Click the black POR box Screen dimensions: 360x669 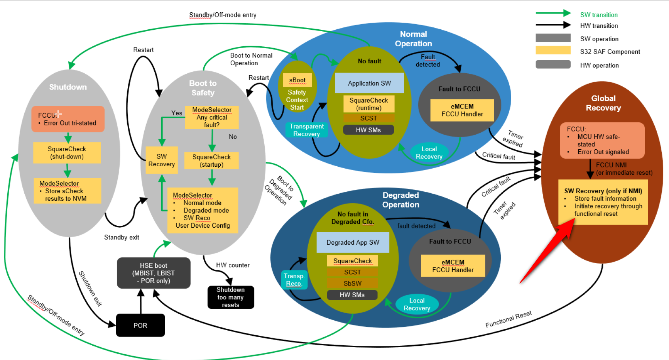click(x=140, y=325)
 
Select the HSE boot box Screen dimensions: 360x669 click(x=154, y=273)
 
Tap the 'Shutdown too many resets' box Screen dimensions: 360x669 click(x=231, y=297)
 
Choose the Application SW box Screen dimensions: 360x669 click(x=369, y=83)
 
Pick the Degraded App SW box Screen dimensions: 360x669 click(x=353, y=242)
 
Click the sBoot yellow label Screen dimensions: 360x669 click(x=297, y=80)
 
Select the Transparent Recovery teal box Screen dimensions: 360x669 click(x=306, y=130)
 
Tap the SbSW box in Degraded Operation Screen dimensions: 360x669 click(x=352, y=283)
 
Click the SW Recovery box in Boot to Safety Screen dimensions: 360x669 click(x=162, y=160)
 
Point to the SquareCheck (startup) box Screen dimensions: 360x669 click(x=211, y=161)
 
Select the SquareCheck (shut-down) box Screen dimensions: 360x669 click(x=67, y=153)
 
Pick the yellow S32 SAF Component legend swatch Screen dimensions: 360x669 click(x=553, y=50)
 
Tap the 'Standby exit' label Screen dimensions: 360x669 click(x=122, y=237)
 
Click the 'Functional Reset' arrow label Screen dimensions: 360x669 click(x=509, y=319)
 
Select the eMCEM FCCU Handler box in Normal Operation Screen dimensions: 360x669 click(x=462, y=110)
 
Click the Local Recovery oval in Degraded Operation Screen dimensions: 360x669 click(x=417, y=304)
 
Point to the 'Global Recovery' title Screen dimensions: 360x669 click(x=603, y=103)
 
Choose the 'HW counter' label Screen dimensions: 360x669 click(x=233, y=265)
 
